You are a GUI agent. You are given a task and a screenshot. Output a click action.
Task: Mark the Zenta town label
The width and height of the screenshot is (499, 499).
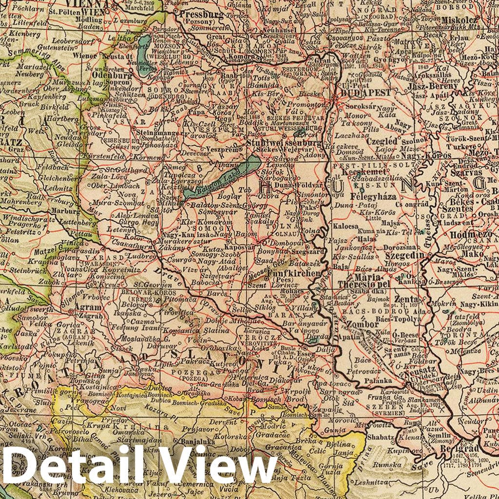[x=407, y=299]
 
